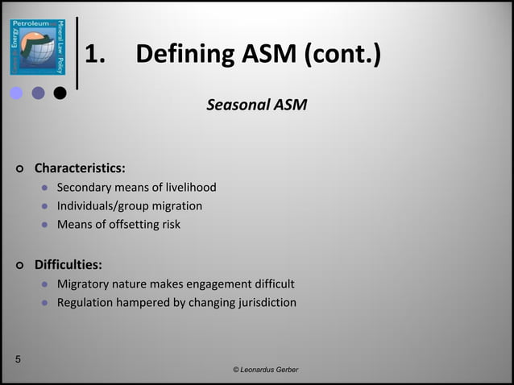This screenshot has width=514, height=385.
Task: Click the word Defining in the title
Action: coord(184,55)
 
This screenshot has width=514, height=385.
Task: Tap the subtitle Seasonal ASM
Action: coord(256,105)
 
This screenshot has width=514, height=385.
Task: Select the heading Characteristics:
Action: coord(79,168)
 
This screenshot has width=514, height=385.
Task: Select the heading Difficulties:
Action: coord(68,264)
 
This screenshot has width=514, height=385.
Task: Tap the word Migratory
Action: coord(84,284)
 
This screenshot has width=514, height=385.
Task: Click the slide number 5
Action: coord(18,359)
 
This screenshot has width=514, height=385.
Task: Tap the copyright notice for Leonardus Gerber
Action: coord(265,369)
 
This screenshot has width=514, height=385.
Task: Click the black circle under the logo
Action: coord(60,93)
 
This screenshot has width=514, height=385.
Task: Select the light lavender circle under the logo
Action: coord(16,93)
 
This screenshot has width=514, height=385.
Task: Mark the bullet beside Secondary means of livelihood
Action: coord(45,188)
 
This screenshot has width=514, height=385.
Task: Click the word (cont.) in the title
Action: coord(343,55)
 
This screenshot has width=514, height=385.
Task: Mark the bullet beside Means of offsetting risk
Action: coord(45,226)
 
